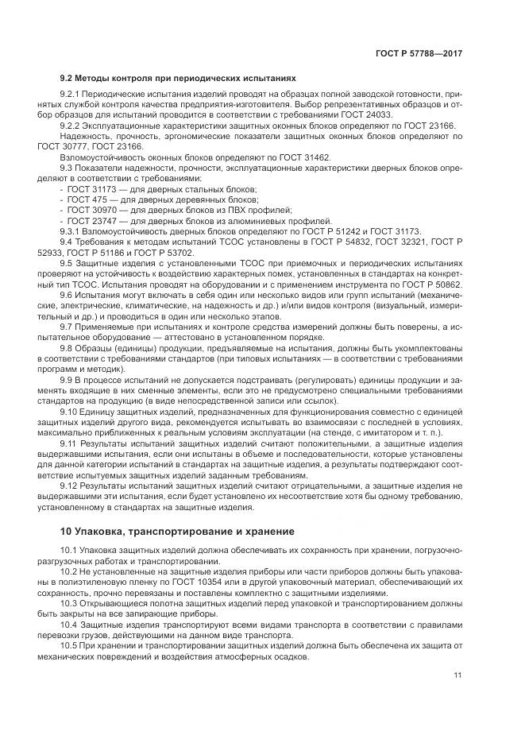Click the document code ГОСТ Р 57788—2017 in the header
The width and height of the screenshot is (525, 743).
pos(419,53)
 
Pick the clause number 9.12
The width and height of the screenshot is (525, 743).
pos(70,486)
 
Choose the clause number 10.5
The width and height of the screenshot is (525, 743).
pos(70,644)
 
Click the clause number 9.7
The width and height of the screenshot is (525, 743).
pos(67,327)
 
